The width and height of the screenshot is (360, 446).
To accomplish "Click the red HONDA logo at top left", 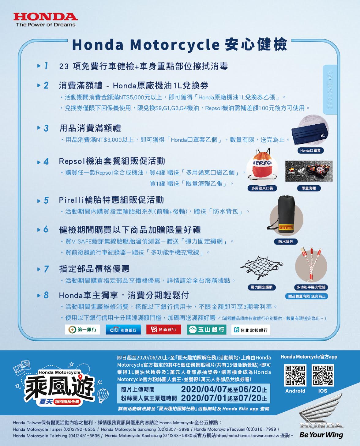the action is click(x=46, y=17).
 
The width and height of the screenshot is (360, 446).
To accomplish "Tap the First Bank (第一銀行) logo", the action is click(x=82, y=330).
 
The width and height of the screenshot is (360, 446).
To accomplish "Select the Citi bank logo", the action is click(x=123, y=330).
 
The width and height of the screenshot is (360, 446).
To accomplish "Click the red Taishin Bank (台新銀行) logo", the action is click(x=164, y=330).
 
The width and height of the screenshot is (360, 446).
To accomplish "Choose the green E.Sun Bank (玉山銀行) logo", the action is click(x=207, y=330).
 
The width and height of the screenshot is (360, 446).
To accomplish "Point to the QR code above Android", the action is click(x=295, y=375).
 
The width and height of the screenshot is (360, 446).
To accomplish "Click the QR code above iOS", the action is click(x=323, y=375).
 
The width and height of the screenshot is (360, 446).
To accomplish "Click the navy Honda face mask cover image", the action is click(x=310, y=134).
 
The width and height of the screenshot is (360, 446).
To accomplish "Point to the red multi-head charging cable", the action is click(x=311, y=264).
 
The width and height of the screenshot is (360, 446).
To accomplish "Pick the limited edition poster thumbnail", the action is click(x=309, y=171).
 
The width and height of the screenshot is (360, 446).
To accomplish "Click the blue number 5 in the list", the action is click(x=46, y=200).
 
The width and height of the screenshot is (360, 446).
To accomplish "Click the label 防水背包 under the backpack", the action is click(x=286, y=242).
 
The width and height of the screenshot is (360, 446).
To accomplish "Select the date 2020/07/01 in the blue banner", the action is click(x=204, y=398).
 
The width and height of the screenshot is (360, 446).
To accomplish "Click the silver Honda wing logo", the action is click(x=321, y=411).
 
